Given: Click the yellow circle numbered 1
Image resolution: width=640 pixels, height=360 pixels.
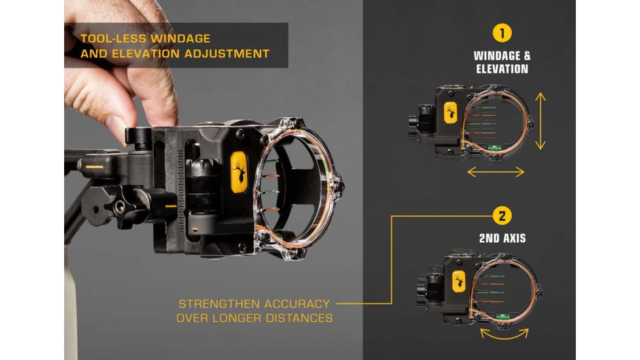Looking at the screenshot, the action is (502, 33).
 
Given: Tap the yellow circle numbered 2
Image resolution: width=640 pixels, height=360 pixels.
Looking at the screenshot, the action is (502, 216).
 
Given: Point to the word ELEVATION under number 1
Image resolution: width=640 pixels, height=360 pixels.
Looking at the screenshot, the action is (502, 69).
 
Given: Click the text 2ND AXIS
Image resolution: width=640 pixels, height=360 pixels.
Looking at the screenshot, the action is (503, 238).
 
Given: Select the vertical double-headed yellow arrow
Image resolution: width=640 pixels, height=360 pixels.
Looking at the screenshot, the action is (541, 121).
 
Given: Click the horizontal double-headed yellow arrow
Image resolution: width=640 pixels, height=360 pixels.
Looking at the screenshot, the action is (495, 172).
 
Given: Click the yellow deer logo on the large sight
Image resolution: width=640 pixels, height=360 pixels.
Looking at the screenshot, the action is (239, 172).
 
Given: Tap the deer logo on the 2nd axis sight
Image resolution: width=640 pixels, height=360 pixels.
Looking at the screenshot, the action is (459, 281).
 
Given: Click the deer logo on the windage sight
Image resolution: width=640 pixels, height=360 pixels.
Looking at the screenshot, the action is (450, 113).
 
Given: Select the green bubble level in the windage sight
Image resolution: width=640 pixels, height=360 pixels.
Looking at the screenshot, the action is (494, 148).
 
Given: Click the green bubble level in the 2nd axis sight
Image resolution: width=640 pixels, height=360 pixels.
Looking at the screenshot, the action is (502, 316).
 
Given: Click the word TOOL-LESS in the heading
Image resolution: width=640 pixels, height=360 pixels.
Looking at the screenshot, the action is (113, 39).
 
